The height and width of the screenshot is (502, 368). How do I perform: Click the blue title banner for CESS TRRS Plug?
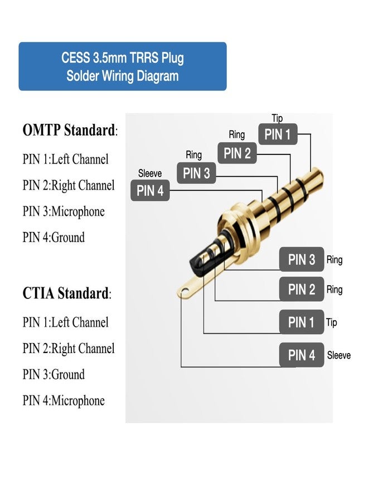coord(123,66)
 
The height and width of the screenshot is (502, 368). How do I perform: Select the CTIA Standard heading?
coord(66,293)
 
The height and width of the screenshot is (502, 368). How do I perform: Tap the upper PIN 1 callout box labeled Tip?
coord(277,134)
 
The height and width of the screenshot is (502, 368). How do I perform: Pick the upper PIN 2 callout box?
coord(237,153)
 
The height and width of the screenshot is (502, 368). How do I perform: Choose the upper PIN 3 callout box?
coord(196,173)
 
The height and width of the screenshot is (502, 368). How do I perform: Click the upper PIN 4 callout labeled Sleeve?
coord(150,191)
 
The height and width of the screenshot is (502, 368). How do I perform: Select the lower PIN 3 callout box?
coord(301,259)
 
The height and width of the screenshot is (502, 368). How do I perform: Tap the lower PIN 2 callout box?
coord(301,289)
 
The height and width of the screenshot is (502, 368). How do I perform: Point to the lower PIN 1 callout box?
coord(301,322)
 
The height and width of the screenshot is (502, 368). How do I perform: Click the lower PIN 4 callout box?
coord(301,355)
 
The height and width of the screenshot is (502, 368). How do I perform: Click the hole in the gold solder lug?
coord(186,289)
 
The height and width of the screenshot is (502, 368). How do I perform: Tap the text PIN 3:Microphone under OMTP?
coord(64,211)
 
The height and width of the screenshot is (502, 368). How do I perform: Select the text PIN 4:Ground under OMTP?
coord(54,238)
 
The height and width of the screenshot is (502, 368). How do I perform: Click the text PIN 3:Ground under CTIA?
coord(54,374)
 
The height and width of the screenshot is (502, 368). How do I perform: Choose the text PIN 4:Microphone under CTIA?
coord(64,400)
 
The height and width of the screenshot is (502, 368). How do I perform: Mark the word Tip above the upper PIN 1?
coord(277,118)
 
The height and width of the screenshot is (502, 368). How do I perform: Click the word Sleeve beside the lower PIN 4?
coord(338,355)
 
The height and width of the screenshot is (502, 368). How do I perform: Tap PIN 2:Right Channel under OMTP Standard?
coord(69,185)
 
